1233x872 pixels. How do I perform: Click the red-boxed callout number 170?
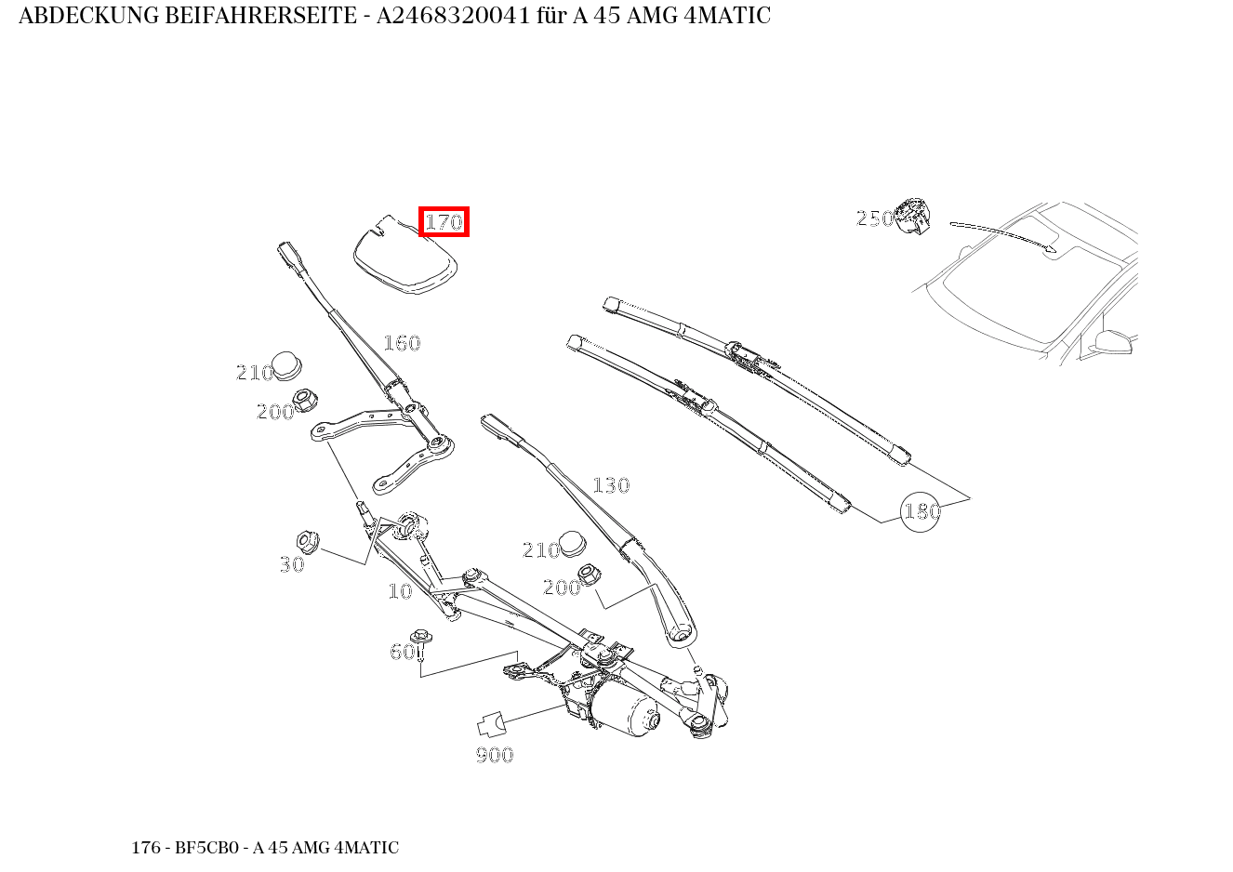[444, 222]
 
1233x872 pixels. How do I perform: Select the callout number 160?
[402, 343]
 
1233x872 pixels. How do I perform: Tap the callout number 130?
[611, 485]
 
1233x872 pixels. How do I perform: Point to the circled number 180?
[921, 511]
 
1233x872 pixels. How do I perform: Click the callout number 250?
[874, 218]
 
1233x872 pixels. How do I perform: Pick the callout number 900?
[495, 755]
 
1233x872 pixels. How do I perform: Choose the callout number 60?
[402, 652]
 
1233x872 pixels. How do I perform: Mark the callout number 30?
[292, 564]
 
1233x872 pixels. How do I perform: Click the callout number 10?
[400, 591]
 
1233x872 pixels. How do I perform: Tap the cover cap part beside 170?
[405, 258]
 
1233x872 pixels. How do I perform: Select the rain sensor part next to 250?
[912, 216]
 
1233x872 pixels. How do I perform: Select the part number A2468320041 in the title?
[452, 16]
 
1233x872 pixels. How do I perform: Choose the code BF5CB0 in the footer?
[204, 848]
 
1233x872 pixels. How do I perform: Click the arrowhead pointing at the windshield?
[1052, 248]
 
